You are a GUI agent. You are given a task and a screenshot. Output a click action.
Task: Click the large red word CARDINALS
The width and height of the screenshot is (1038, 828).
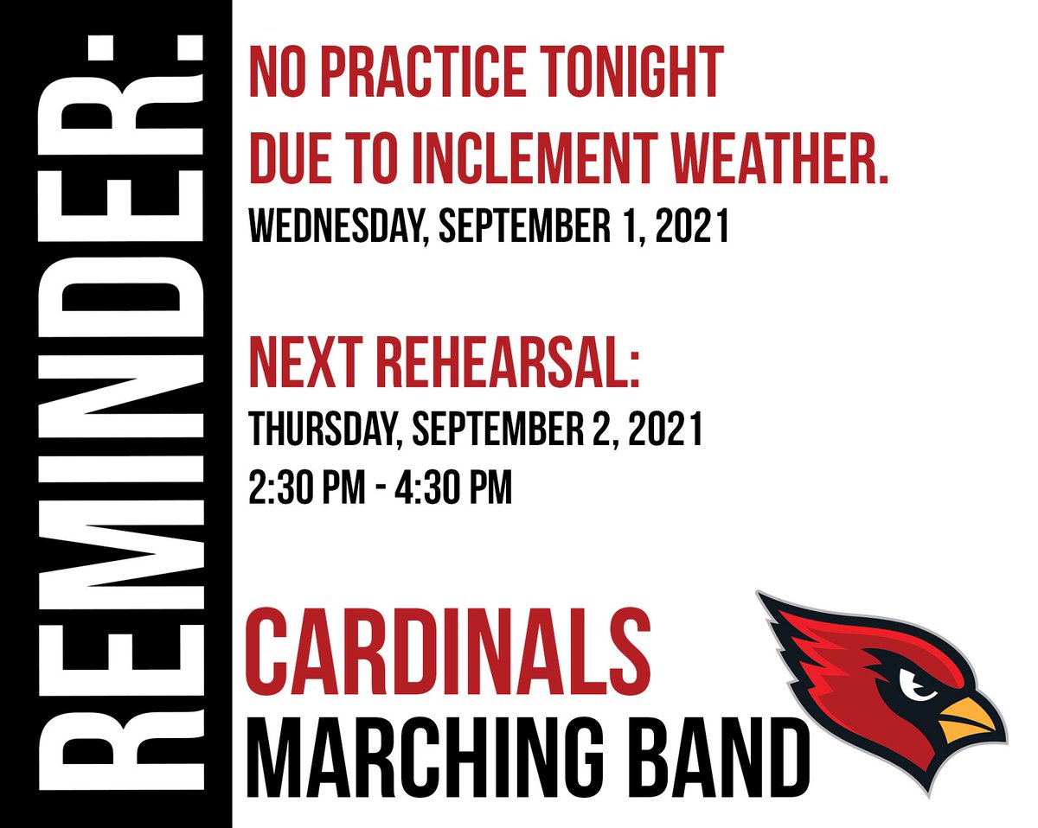(x=449, y=649)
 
